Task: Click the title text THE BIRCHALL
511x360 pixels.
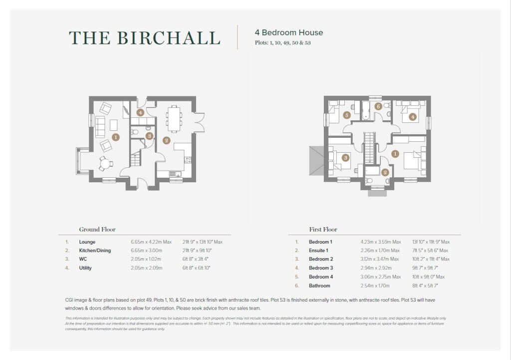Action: click(144, 38)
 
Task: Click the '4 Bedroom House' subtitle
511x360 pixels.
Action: click(289, 32)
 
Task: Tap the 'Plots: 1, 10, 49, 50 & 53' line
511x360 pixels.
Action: click(283, 43)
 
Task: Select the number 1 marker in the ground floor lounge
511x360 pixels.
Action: click(116, 136)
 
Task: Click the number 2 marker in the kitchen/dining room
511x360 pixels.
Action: click(167, 140)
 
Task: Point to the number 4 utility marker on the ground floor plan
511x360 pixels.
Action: click(140, 113)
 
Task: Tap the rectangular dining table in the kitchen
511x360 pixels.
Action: click(174, 118)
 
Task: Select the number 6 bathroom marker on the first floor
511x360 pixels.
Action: click(378, 106)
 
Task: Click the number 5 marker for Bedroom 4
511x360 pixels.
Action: click(347, 115)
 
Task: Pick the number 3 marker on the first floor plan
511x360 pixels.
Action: click(345, 158)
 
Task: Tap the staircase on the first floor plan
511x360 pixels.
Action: click(369, 148)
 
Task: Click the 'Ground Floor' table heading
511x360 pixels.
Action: click(97, 230)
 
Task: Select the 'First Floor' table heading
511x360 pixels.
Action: click(323, 230)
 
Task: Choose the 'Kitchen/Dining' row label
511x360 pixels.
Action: click(95, 250)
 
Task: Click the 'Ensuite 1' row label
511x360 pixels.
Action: click(318, 250)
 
